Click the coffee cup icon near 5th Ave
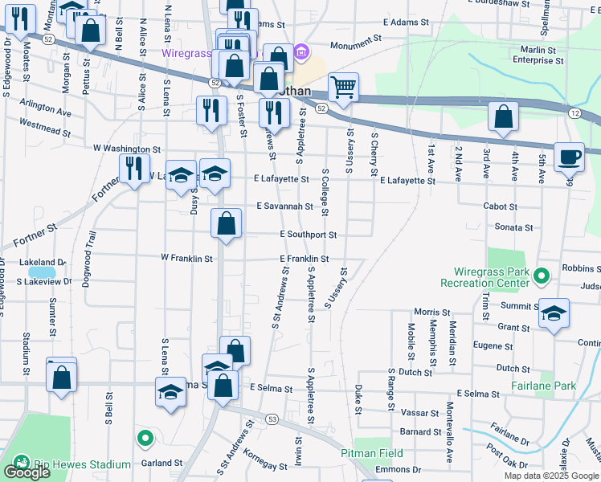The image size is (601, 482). click(570, 157)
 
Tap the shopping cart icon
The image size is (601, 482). click(343, 88)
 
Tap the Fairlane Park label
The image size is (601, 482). click(543, 386)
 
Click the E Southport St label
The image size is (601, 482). click(308, 235)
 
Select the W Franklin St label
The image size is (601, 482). click(186, 259)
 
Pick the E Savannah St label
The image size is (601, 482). click(284, 206)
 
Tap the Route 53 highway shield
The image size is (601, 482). click(272, 419)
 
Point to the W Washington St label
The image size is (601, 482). click(121, 149)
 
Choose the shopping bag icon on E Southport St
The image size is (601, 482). click(227, 223)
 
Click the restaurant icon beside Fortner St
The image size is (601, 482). click(134, 169)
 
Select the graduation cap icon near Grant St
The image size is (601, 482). click(554, 313)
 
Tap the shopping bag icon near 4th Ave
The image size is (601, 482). click(502, 117)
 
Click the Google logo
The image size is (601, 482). click(26, 472)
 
